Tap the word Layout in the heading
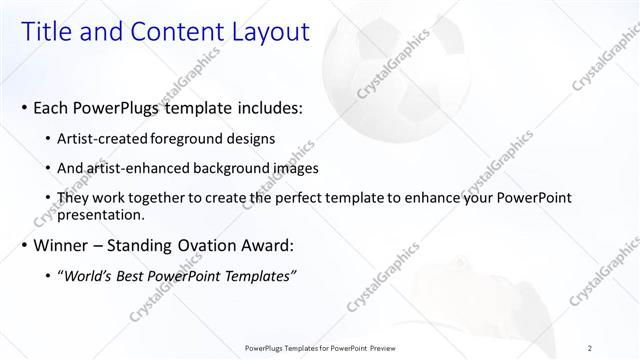[x=265, y=32]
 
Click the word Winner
[x=62, y=245]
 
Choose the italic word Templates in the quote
[x=259, y=275]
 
